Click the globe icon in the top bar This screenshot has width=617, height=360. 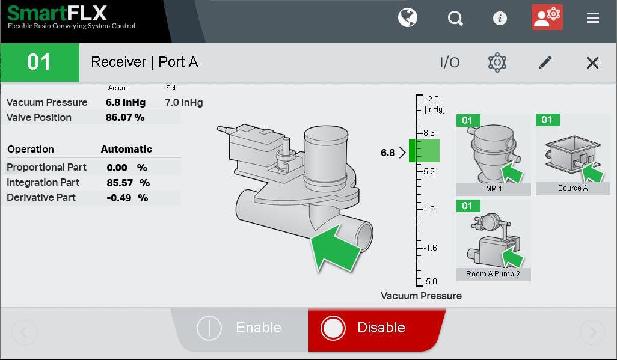[x=408, y=18]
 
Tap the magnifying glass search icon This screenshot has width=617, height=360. [x=455, y=18]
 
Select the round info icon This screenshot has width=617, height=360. [x=500, y=18]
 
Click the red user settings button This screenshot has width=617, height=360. [x=547, y=17]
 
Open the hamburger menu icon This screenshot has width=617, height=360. [x=593, y=18]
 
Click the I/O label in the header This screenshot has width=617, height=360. [x=450, y=63]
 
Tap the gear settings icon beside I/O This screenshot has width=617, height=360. [x=497, y=62]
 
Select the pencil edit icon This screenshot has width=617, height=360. [x=545, y=62]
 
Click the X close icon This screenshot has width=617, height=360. [x=592, y=63]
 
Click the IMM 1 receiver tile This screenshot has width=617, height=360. [x=493, y=154]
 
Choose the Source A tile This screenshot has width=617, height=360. [x=572, y=154]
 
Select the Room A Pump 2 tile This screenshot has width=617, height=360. [x=493, y=240]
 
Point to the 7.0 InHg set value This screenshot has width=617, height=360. [x=183, y=102]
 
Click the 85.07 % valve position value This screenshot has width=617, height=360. [x=125, y=117]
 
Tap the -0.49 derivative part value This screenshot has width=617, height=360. [x=120, y=198]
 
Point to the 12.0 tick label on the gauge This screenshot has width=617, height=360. [x=431, y=99]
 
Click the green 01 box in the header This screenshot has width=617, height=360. [x=39, y=62]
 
